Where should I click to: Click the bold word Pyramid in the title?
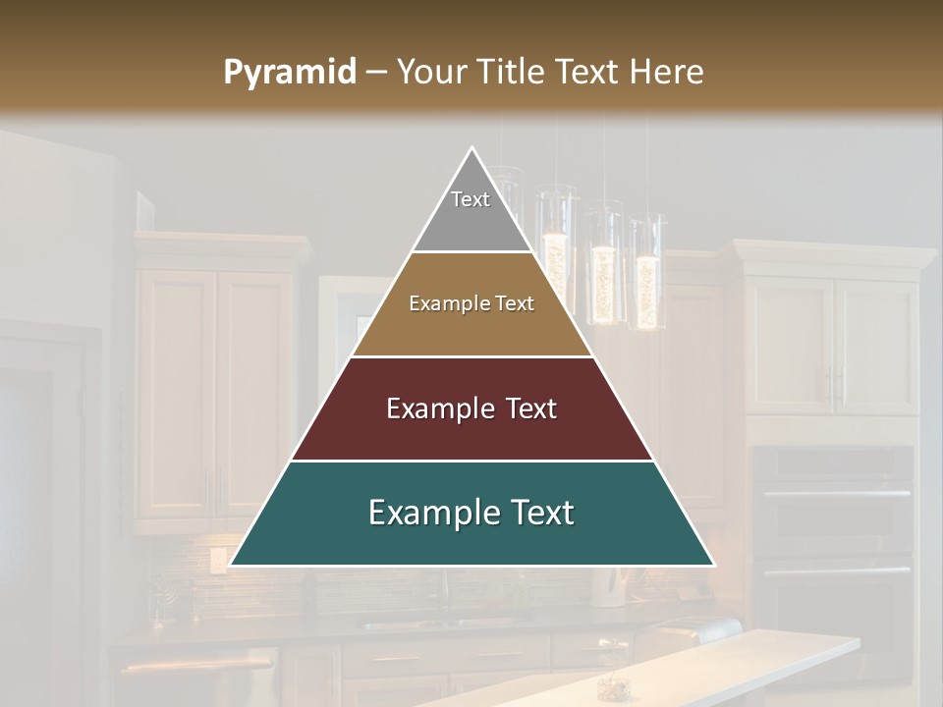[290, 73]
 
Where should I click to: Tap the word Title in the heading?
[510, 73]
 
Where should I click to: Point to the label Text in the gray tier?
[471, 199]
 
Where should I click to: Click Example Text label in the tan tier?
[471, 303]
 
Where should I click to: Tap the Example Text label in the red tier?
[471, 408]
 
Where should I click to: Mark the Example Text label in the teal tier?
[471, 513]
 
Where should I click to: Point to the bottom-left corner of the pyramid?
[231, 565]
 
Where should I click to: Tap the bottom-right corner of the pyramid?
[713, 565]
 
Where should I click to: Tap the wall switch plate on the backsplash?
[217, 560]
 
